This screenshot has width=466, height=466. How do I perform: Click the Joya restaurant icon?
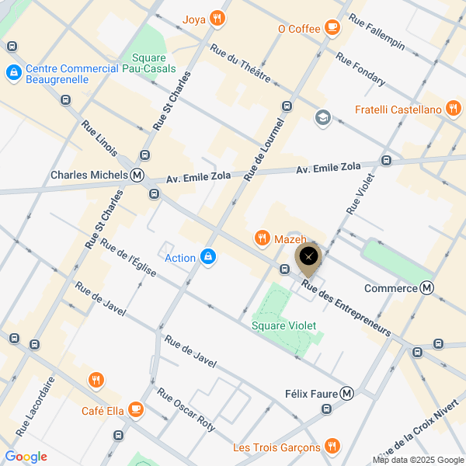[217, 19]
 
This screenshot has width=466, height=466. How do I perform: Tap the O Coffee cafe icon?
[332, 29]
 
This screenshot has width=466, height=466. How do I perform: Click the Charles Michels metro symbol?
[137, 175]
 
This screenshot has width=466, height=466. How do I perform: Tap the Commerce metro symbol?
[427, 288]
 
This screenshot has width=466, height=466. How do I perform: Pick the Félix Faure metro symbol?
[347, 394]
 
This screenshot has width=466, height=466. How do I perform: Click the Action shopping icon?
[207, 258]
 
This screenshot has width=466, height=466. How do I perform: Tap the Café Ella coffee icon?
[135, 409]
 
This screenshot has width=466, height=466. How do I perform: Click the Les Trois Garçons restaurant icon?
[332, 447]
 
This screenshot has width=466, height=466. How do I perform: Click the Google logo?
[26, 457]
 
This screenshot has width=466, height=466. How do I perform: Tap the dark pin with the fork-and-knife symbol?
[308, 256]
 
